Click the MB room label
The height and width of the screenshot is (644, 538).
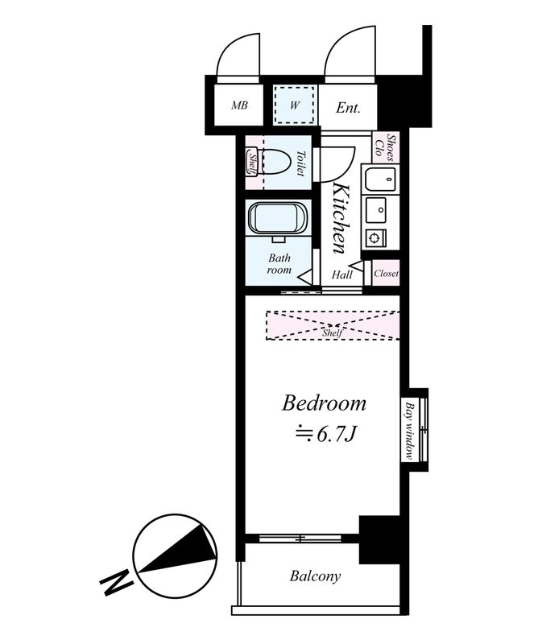[239, 105]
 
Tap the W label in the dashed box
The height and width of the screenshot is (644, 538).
[295, 105]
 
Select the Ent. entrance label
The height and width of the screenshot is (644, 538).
[348, 108]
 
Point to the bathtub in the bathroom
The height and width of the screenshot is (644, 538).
[278, 218]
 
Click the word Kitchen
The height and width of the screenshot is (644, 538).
[342, 218]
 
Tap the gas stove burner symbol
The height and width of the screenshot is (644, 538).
[375, 237]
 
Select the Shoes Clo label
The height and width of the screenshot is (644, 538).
[384, 147]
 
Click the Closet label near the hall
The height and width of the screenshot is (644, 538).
[386, 273]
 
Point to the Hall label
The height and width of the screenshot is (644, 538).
[342, 275]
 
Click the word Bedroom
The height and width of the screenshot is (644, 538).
[324, 403]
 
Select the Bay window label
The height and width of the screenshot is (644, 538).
[409, 431]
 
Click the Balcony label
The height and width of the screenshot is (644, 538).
[315, 576]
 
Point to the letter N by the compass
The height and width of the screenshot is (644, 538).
[117, 582]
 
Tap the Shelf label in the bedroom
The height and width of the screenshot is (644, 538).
[332, 332]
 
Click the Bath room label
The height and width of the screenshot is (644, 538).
[279, 264]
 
